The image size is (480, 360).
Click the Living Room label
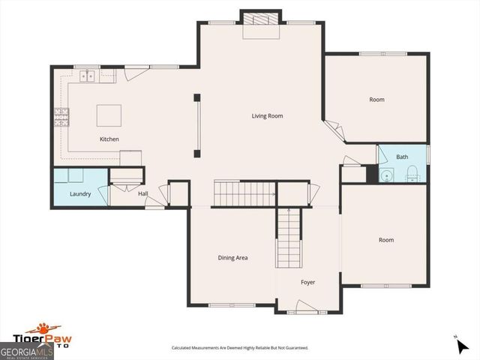click(x=267, y=116)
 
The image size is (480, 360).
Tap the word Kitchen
click(x=109, y=139)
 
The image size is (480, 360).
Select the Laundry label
click(x=80, y=194)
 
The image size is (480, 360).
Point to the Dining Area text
click(x=232, y=258)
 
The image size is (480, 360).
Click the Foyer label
click(x=308, y=283)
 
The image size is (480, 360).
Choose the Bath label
click(x=402, y=157)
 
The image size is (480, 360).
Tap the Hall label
click(x=142, y=194)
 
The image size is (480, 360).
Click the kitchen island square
click(x=109, y=115)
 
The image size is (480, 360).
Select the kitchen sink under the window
click(x=88, y=75)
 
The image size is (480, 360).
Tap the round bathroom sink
click(x=386, y=176)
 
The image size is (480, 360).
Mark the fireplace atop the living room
click(x=261, y=20)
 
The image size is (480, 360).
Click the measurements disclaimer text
click(x=240, y=348)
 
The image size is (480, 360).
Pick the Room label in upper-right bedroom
click(x=376, y=100)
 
